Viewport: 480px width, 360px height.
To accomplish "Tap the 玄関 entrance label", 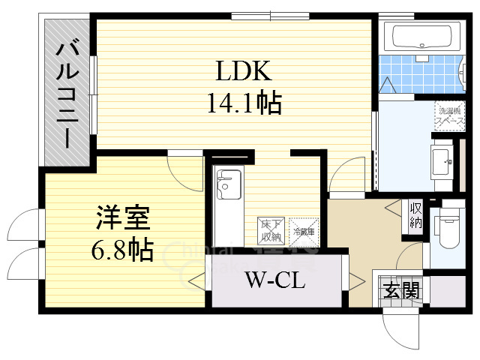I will [402, 289].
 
